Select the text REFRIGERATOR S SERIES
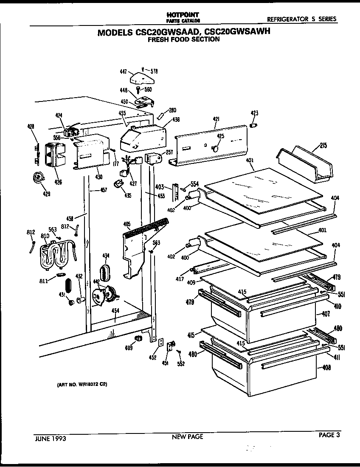[301, 19]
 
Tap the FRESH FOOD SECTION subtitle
[183, 39]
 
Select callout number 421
[216, 120]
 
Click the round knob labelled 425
[215, 148]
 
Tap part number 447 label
[123, 72]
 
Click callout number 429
[46, 194]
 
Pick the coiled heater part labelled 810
[57, 255]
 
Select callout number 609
[129, 348]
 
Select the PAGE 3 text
[329, 434]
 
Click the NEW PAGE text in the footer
[187, 436]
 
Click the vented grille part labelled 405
[140, 246]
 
